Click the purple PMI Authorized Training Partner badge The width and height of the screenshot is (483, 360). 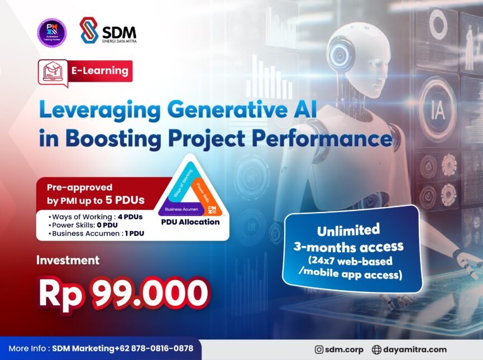[x=52, y=33]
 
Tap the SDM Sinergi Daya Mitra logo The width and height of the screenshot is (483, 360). [x=108, y=31]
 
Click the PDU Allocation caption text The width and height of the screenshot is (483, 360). [x=190, y=222]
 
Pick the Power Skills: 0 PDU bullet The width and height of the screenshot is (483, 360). [x=84, y=225]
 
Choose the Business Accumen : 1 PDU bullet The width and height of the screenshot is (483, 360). [x=97, y=233]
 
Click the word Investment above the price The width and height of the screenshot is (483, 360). [x=68, y=260]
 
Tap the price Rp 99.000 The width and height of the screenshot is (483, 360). [x=123, y=293]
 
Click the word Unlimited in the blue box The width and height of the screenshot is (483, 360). [x=348, y=230]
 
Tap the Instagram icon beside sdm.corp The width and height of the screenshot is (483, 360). [x=319, y=350]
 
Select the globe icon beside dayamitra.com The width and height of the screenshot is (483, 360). [x=376, y=350]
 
